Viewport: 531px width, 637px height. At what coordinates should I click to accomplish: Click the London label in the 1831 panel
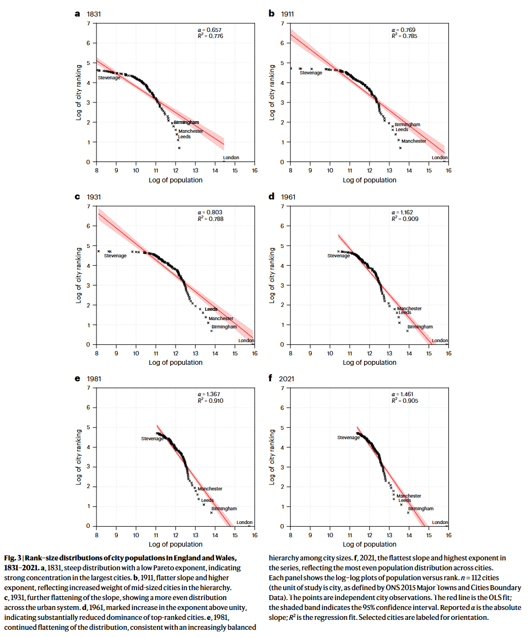(231, 158)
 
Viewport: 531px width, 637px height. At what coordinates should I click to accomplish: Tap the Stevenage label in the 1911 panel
(311, 73)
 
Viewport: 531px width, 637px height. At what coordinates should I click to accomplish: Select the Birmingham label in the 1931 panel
(224, 327)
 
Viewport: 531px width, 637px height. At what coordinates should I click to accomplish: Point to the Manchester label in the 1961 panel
(409, 309)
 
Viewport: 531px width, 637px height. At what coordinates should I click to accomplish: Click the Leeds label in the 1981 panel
(208, 500)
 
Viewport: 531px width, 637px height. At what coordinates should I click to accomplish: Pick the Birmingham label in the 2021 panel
(421, 509)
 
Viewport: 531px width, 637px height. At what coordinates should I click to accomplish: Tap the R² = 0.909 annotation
(405, 219)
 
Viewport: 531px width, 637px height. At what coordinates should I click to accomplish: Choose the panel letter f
(270, 379)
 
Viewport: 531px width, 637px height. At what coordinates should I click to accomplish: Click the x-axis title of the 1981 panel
(175, 544)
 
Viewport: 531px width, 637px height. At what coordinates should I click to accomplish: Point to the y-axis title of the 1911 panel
(272, 93)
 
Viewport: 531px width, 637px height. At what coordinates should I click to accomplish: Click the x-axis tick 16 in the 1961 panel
(448, 353)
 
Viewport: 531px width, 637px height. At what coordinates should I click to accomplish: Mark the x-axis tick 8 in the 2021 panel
(291, 535)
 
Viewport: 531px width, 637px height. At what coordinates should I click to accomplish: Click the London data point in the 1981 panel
(249, 526)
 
